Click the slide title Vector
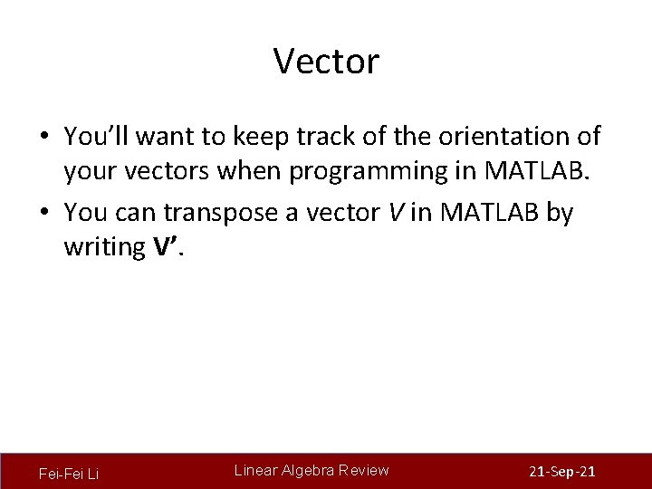point(326,62)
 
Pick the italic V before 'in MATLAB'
point(395,212)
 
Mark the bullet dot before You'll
point(44,137)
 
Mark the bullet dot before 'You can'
point(44,213)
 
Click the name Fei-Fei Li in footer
point(69,474)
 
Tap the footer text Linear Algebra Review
point(312,470)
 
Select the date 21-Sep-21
point(561,473)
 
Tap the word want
point(169,136)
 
